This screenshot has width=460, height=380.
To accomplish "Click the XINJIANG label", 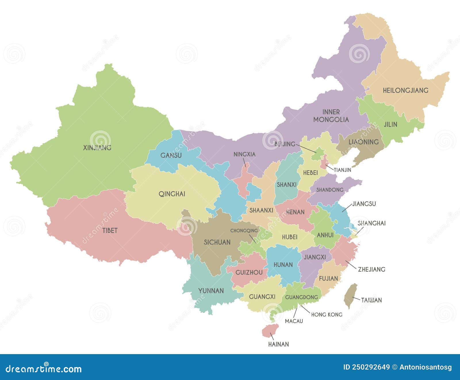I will [97, 148].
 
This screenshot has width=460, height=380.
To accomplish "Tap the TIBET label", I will [110, 230].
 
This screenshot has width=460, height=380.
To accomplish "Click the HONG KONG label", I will [327, 315].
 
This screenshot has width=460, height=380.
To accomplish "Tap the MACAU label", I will [294, 321].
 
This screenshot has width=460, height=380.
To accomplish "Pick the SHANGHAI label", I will [371, 223].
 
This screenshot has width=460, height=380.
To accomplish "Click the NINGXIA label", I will [244, 154].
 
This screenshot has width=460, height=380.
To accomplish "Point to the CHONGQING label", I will [244, 231].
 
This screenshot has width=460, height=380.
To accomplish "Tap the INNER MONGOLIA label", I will [331, 116].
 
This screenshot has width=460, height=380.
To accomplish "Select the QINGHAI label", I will [172, 194].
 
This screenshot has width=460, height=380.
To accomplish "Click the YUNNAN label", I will [211, 291].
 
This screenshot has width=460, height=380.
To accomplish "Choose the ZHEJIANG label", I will [371, 270].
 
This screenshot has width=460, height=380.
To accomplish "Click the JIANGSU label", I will [364, 204].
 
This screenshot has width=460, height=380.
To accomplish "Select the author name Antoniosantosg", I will [425, 367].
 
